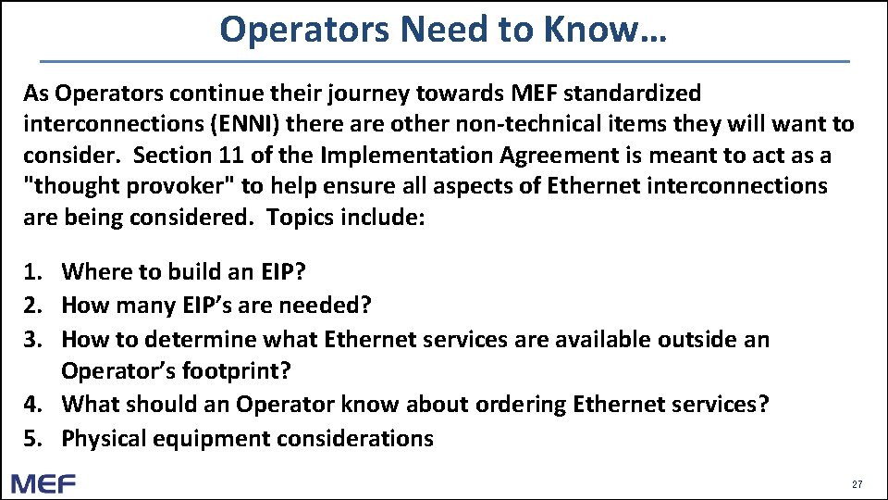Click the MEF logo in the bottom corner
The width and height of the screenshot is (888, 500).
[x=43, y=483]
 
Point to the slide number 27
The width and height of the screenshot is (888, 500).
[x=857, y=484]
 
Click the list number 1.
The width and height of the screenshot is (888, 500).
[x=33, y=271]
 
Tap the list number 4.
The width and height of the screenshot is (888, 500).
[x=33, y=405]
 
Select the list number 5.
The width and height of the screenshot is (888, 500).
[x=33, y=438]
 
